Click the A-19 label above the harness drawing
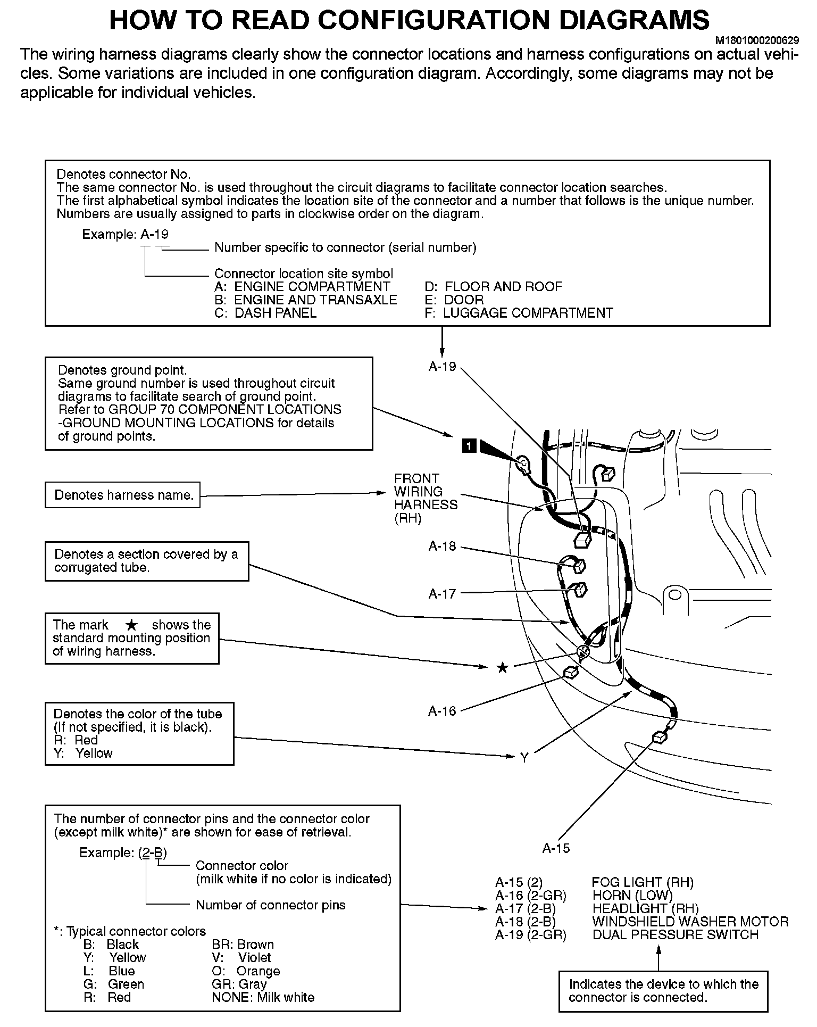442,366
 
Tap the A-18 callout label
442,546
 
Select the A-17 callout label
442,593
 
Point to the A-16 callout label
442,710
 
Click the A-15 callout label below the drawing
556,848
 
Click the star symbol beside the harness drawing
502,667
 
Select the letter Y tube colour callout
524,758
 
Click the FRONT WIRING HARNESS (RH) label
425,498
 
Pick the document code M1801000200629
756,40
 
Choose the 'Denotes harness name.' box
122,495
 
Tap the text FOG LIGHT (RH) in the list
643,882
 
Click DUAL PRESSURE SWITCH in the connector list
675,934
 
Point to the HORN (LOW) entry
632,896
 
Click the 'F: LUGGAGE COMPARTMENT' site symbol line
519,313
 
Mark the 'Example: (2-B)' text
123,852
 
